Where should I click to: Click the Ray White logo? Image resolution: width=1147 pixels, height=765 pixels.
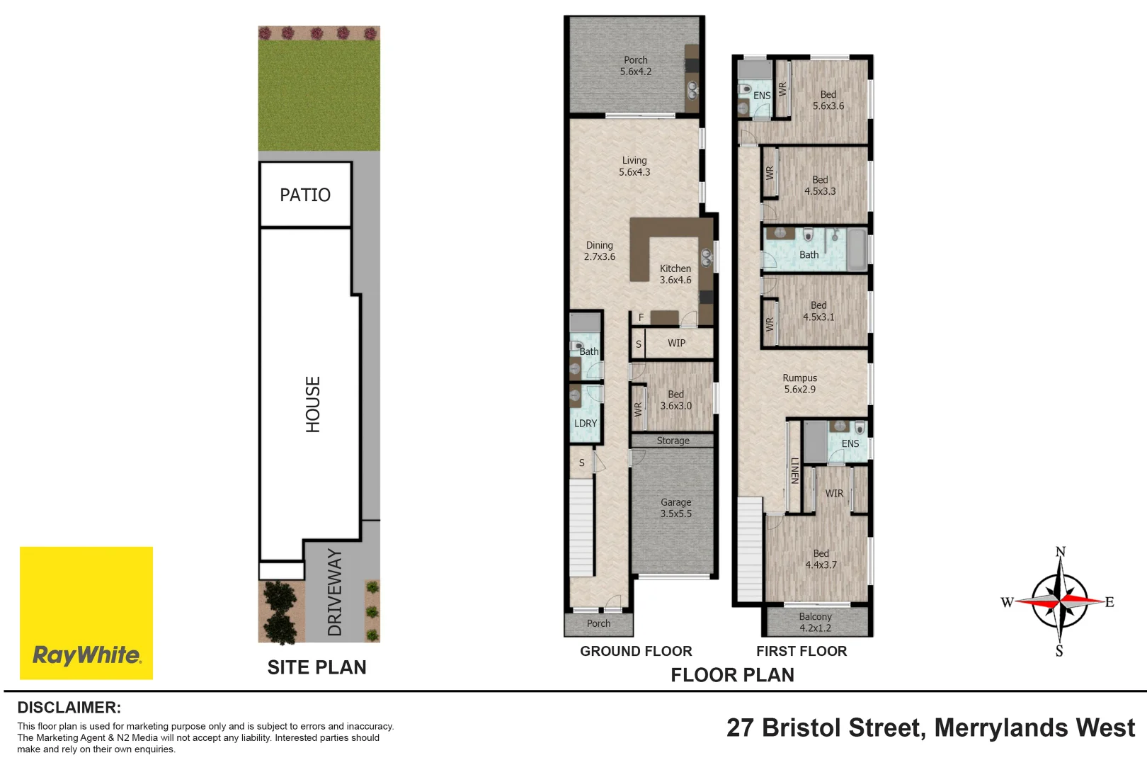coord(86,613)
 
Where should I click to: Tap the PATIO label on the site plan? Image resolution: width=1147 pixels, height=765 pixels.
coord(305,195)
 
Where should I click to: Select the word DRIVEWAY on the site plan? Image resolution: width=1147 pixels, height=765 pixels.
coord(335,592)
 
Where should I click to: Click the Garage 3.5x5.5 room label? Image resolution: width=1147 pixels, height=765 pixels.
coord(675,508)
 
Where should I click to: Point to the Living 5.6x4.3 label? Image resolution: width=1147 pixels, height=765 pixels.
coord(634,166)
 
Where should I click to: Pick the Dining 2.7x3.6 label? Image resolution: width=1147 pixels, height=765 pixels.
coord(599,251)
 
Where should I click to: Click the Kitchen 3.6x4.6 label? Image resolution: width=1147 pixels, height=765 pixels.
coord(675,274)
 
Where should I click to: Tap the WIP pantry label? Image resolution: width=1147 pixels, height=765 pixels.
coord(676,343)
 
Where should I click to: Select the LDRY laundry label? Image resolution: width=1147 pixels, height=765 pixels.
coord(586,423)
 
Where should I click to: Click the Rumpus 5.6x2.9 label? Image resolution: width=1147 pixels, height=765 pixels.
coord(799,383)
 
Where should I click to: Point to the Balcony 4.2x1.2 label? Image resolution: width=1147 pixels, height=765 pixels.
coord(815,622)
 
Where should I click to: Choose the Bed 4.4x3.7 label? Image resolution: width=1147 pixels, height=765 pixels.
coord(821,559)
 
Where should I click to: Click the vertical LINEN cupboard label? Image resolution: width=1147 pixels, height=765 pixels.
coord(794,471)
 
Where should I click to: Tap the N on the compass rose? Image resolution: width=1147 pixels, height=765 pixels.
coord(1060,552)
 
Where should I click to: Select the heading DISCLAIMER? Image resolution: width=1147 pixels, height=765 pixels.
coord(69,708)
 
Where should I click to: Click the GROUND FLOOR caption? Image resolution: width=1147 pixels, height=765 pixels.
coord(636,651)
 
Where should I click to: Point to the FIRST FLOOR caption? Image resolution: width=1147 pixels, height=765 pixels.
coord(801,651)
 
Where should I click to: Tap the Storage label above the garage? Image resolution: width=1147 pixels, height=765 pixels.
coord(673,441)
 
